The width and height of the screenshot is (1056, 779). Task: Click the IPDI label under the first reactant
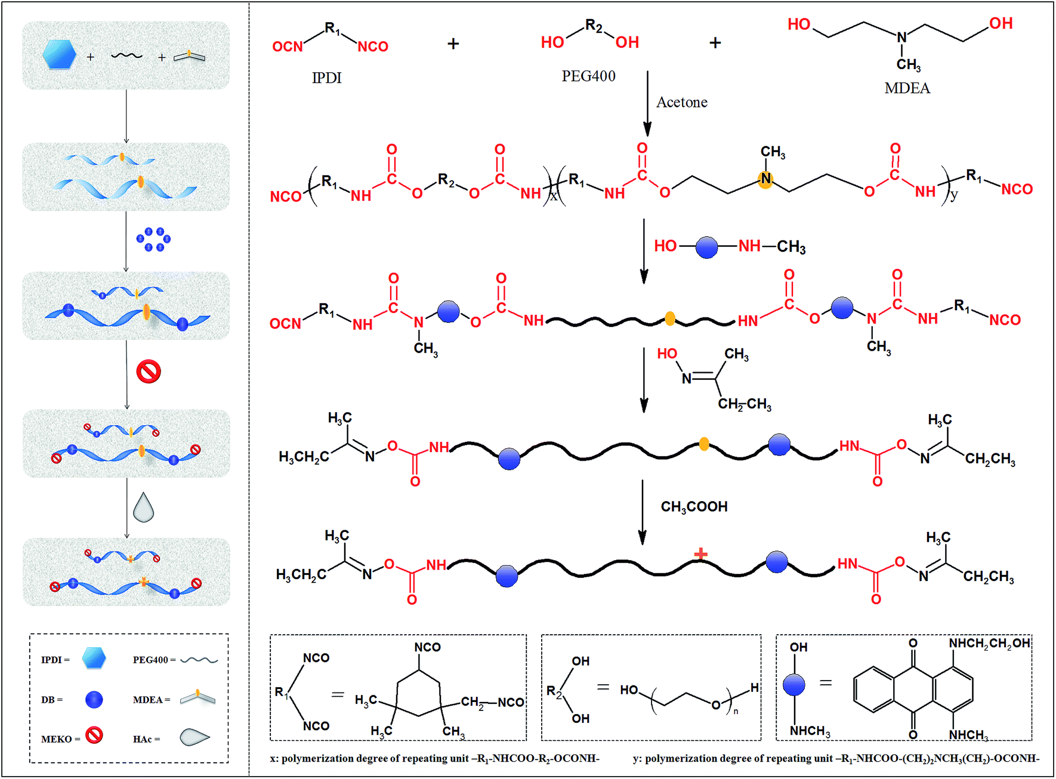(x=326, y=78)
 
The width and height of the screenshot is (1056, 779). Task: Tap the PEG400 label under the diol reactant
(x=588, y=76)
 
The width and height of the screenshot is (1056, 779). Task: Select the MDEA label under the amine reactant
(x=907, y=88)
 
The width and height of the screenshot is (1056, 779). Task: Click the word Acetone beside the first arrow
(x=682, y=103)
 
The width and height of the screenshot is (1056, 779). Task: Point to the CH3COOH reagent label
(x=694, y=507)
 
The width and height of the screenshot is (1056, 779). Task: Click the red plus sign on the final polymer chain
(x=700, y=554)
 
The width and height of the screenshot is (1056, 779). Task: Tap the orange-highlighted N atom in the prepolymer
(x=765, y=178)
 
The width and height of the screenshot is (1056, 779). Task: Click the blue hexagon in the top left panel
(x=60, y=54)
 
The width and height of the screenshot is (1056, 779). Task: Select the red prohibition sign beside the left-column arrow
(x=149, y=372)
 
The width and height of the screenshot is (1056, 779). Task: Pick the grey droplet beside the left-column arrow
(x=143, y=508)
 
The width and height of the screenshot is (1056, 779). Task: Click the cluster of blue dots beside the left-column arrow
(x=153, y=239)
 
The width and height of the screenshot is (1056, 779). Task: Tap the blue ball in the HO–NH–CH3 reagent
(x=707, y=247)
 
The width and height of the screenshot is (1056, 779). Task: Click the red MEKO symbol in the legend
(x=94, y=735)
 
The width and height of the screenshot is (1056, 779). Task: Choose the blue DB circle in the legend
(x=94, y=700)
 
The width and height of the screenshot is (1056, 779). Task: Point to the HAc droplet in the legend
(x=194, y=737)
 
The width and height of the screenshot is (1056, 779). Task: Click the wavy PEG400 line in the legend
(x=199, y=660)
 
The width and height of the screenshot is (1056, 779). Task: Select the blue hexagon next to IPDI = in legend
(x=94, y=658)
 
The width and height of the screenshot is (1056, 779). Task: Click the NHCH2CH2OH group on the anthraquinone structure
(x=989, y=644)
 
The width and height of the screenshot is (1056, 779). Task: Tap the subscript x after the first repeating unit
(x=554, y=197)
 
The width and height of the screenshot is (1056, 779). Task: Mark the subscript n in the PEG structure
(x=736, y=711)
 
